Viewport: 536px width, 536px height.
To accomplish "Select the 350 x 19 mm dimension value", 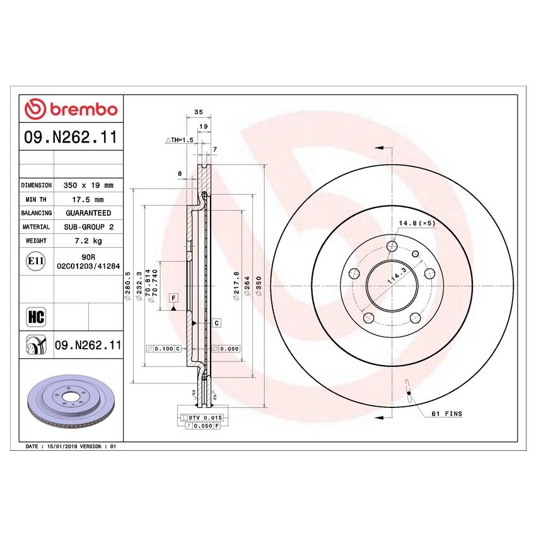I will click(88, 185).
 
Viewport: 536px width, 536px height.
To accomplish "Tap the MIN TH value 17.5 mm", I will click(88, 199).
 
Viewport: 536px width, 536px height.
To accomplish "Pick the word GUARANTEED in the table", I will click(88, 213).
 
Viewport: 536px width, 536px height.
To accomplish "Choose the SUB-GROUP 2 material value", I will click(88, 227).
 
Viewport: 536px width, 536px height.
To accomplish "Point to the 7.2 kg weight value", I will click(88, 241).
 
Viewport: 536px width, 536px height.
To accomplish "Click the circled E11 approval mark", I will click(36, 262).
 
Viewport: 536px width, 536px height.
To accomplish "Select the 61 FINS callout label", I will click(446, 414).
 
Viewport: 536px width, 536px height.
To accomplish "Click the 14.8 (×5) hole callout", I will click(417, 223).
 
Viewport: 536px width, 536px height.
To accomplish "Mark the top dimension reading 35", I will click(199, 112).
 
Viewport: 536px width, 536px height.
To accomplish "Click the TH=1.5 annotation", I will click(178, 140).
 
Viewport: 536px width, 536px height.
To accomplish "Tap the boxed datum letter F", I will click(172, 296).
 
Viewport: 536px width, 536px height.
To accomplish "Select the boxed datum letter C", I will click(216, 323).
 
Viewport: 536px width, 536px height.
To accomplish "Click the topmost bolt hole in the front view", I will click(392, 246).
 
